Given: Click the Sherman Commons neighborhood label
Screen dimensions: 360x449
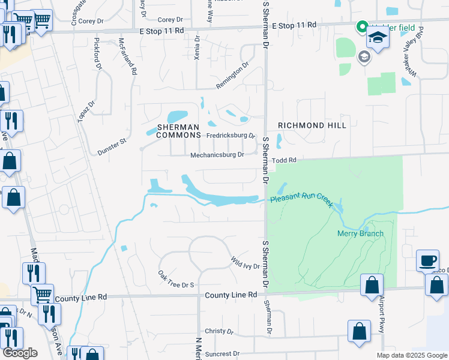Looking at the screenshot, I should [178, 131].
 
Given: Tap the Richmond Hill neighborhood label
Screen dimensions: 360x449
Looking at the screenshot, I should [312, 125].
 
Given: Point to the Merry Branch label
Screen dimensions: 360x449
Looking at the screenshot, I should [360, 233].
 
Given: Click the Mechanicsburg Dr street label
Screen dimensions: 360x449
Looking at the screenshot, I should [217, 155].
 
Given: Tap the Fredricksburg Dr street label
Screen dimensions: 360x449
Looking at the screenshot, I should [231, 136].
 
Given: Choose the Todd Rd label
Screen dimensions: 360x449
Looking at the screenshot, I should [285, 160].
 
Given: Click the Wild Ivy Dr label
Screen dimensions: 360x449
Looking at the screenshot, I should [246, 263].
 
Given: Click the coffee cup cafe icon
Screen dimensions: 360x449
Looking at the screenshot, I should [427, 260].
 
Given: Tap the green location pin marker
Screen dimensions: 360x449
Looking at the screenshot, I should [362, 27].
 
